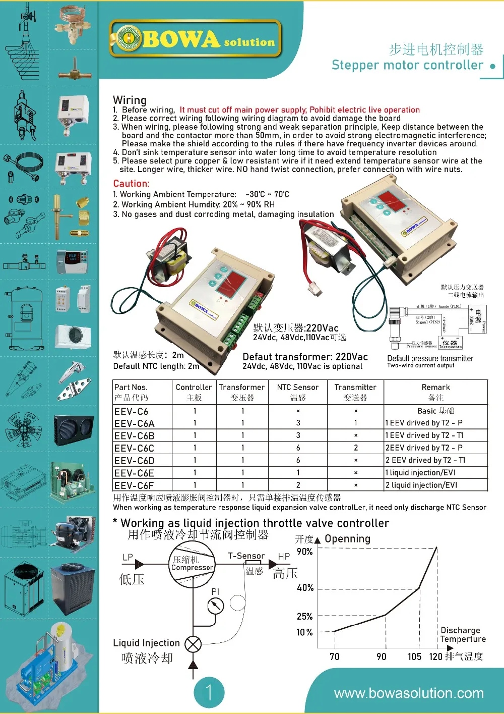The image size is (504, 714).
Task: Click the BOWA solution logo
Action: pos(195,39)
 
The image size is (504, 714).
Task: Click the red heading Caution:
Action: pos(131,184)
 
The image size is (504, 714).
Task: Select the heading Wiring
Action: pos(130,100)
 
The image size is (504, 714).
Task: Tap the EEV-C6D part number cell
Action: pos(135,461)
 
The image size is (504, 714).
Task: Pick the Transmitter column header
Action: pos(355,388)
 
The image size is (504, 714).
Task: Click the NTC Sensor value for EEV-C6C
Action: pos(298,448)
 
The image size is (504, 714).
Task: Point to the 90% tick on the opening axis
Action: pos(305,552)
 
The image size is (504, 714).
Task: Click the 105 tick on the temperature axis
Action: pos(414,656)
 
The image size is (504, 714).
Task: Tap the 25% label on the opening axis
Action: pos(305,616)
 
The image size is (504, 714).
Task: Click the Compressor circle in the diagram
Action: pos(192,564)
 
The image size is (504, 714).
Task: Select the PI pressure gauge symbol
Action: pos(216,605)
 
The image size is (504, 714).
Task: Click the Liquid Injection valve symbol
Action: pos(193,643)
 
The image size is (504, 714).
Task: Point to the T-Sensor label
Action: pos(246,556)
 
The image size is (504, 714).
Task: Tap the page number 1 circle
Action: pos(209,692)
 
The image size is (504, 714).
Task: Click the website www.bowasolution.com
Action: pos(409,693)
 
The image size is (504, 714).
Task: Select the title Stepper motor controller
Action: pos(407,65)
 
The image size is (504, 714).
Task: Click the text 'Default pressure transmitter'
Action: pos(430,358)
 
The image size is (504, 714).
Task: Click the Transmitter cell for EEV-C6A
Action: pos(355,423)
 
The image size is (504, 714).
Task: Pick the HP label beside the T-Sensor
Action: pos(284,557)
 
